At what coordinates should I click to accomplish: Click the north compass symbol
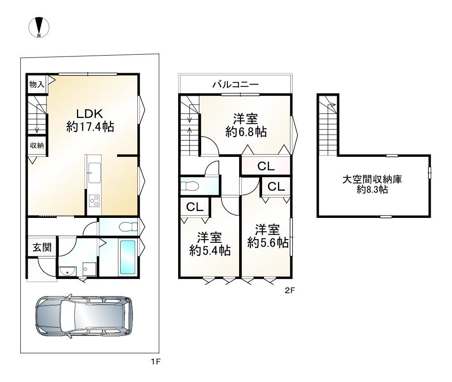click(39, 27)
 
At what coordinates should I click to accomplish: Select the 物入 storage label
click(37, 84)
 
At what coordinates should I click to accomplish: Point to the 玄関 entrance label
click(42, 247)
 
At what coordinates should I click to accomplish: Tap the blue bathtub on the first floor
click(127, 257)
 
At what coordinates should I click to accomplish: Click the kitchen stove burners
click(94, 199)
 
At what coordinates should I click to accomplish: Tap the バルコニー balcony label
click(235, 84)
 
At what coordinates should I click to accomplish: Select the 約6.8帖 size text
click(245, 132)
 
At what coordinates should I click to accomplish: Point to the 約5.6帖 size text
click(268, 243)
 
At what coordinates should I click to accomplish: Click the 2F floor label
click(289, 291)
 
